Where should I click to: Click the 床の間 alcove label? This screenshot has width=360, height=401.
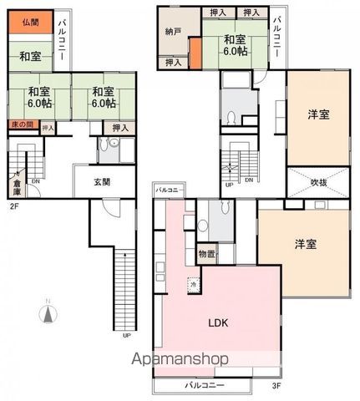tap(22, 125)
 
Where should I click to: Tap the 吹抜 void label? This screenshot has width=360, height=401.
tap(317, 181)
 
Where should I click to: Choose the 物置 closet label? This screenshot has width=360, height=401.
tap(206, 254)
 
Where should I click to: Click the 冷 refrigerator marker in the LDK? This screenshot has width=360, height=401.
tap(193, 284)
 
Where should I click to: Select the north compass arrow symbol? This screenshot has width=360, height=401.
tap(48, 315)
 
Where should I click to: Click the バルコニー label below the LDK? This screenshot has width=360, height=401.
tap(201, 385)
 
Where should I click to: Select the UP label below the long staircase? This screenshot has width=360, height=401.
tap(126, 337)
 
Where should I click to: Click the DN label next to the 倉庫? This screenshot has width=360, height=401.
tap(36, 181)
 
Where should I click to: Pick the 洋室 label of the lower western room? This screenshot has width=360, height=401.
tap(306, 244)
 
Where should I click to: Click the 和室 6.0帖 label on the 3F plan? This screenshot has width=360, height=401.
tap(235, 44)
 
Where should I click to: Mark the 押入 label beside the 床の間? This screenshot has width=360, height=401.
tap(48, 128)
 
